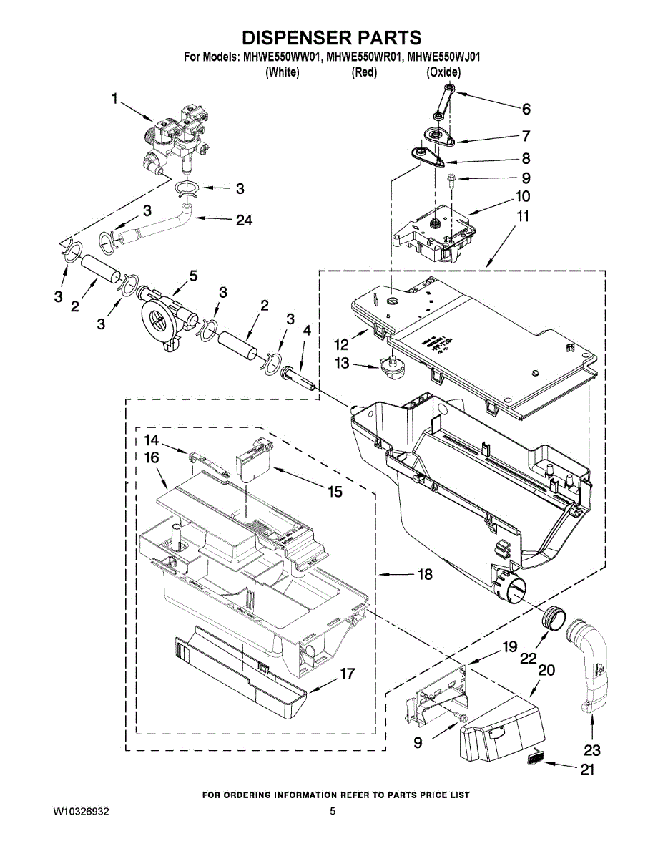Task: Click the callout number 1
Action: tap(114, 100)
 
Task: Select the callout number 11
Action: tap(523, 215)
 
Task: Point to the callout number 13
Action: tap(342, 364)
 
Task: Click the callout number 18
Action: tap(424, 574)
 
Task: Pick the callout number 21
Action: tap(587, 770)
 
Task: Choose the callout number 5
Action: tap(193, 276)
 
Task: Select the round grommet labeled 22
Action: tap(554, 617)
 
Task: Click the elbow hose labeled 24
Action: tap(157, 228)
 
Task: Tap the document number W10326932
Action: tap(82, 812)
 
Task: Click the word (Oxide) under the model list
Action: tap(443, 72)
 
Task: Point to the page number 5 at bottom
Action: tap(332, 812)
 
